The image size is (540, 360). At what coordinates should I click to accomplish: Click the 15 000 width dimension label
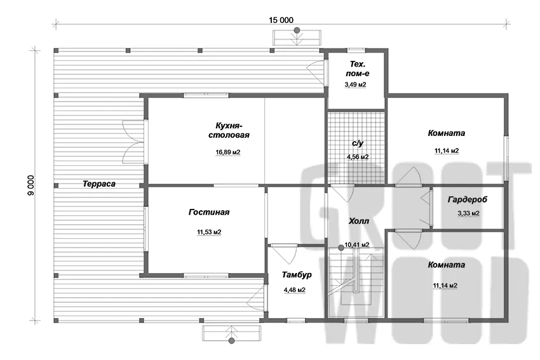(281, 20)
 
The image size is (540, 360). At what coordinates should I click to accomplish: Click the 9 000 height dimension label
(31, 185)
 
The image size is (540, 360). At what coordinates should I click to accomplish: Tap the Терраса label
(99, 183)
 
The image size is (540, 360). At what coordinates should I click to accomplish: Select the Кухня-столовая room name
(229, 130)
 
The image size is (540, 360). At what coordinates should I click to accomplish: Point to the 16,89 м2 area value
(228, 152)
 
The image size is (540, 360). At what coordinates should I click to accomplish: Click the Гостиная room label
(209, 212)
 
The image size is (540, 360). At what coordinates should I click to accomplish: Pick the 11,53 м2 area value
(209, 232)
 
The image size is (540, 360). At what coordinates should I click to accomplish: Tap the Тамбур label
(297, 275)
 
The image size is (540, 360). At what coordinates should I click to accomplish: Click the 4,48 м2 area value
(294, 290)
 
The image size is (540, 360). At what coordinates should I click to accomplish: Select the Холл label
(358, 221)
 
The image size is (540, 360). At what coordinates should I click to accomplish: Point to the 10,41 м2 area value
(357, 244)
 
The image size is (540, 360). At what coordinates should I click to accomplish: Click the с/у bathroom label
(358, 143)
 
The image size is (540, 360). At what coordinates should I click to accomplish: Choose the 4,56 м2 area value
(358, 157)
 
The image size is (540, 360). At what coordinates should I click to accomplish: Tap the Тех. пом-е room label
(358, 69)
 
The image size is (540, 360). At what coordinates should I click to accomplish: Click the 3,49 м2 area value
(355, 84)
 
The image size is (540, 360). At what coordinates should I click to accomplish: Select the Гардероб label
(468, 199)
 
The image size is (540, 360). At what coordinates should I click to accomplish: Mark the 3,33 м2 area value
(468, 213)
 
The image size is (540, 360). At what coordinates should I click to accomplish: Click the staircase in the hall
(356, 282)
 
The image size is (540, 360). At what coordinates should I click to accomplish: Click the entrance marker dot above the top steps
(297, 30)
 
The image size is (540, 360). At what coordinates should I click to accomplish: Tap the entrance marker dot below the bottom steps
(232, 341)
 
